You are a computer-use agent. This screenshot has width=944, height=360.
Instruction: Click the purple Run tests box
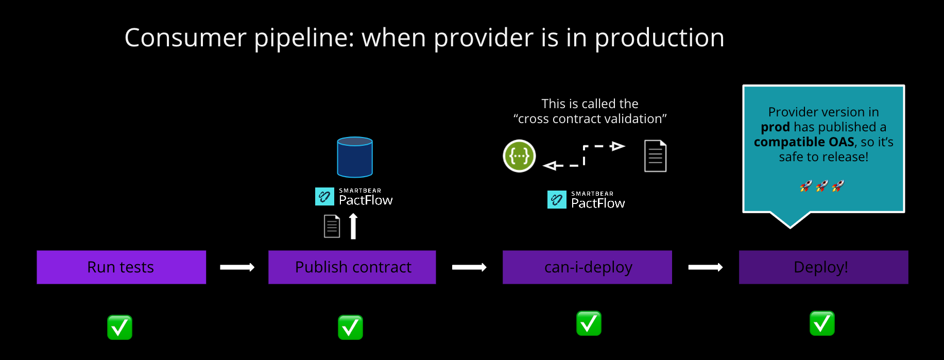coord(121,267)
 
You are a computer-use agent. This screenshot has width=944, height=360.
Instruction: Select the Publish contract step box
coord(352,267)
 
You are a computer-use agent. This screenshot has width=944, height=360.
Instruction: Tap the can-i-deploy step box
coord(587,267)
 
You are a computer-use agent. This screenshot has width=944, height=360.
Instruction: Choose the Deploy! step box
coord(823,267)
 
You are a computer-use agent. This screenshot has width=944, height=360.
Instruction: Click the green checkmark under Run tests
coord(119,328)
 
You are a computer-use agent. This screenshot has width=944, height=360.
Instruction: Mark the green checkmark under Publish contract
coord(350,328)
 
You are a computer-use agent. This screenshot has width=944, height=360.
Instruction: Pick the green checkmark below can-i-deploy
coord(589,323)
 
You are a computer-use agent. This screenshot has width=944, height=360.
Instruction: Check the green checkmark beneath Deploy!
coord(822,323)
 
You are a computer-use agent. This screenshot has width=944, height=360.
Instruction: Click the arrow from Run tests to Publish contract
coord(237,267)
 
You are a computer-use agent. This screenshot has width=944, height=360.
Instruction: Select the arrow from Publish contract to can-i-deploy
coord(469,267)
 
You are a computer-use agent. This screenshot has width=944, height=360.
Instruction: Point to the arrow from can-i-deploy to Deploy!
coord(706,267)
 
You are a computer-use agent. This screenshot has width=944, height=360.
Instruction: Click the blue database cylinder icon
coord(355,157)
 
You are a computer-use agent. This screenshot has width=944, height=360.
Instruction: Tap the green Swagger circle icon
coord(519,156)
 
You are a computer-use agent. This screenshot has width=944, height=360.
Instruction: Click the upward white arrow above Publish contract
coord(353,227)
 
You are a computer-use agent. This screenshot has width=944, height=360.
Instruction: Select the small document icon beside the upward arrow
coord(332,227)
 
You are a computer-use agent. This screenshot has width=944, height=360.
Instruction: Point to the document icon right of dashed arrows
coord(655,156)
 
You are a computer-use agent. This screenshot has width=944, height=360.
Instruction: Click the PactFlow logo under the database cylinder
coord(354,197)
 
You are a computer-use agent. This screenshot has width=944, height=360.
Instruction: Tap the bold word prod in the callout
coord(775,127)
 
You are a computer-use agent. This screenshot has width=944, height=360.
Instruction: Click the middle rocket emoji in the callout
coord(822,186)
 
